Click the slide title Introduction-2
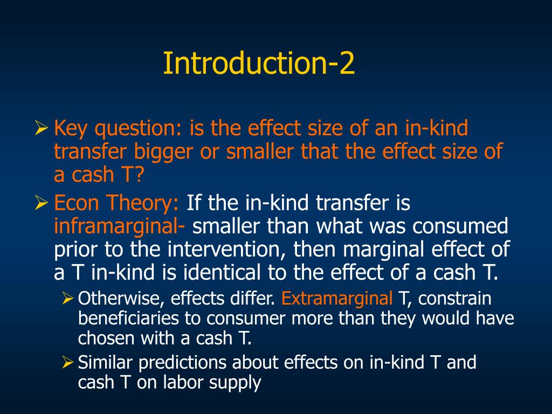click(259, 64)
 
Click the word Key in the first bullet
click(71, 129)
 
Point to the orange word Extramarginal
click(337, 298)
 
